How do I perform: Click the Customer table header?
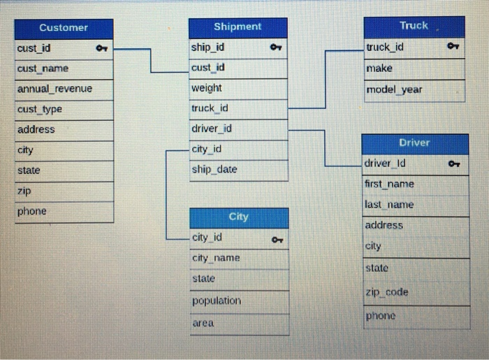(64, 28)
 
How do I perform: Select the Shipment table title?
(238, 27)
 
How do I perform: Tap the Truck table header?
(414, 26)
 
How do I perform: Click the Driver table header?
(414, 143)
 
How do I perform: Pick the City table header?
(238, 217)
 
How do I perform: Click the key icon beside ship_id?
(275, 48)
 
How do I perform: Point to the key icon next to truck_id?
(453, 48)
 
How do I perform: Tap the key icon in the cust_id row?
(101, 49)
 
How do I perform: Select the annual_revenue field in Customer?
(54, 89)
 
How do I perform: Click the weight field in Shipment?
(206, 88)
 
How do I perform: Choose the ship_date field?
(214, 169)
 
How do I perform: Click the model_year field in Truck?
(394, 89)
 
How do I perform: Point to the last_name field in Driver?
(389, 205)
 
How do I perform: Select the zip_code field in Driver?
(386, 292)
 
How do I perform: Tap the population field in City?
(217, 301)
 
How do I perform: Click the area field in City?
(203, 323)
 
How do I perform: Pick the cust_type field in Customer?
(40, 109)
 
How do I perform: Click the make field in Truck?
(379, 69)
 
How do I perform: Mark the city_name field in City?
(216, 258)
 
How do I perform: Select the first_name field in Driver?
(389, 184)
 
